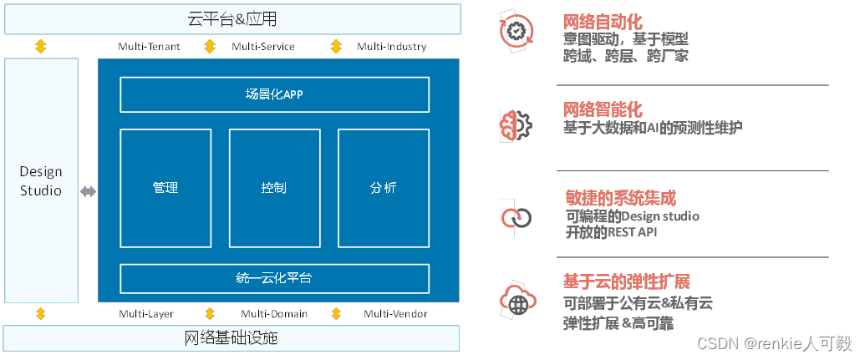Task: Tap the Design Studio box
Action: (41, 180)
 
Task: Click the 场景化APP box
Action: (274, 94)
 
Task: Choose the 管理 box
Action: (165, 188)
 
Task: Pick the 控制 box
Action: (274, 188)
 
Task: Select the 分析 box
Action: (383, 188)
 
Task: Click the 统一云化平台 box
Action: (274, 278)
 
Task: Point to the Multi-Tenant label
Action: (150, 47)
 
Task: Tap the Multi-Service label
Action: (263, 47)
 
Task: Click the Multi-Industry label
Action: (391, 47)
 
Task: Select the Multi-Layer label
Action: (146, 314)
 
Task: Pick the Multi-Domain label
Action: (274, 314)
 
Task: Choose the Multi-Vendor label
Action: (395, 314)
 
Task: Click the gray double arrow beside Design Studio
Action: (88, 192)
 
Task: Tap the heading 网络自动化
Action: (603, 23)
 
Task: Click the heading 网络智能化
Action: (603, 109)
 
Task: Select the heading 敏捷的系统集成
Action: (620, 198)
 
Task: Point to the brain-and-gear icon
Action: (516, 124)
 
